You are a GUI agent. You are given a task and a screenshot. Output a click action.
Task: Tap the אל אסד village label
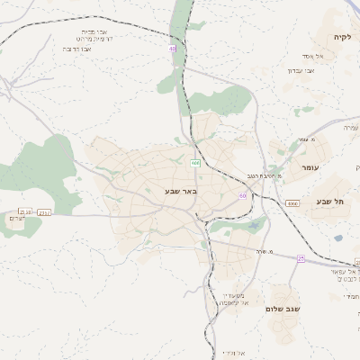(x=326, y=56)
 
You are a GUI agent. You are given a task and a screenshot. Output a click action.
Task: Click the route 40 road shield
(x=171, y=49)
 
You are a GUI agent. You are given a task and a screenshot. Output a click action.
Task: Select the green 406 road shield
(x=195, y=163)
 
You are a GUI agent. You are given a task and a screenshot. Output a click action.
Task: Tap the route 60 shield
(x=242, y=194)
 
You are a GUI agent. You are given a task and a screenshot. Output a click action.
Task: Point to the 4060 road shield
(x=292, y=204)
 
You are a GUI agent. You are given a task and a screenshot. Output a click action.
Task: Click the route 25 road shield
(x=301, y=258)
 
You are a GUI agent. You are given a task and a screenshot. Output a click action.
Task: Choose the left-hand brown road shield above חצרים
(x=24, y=211)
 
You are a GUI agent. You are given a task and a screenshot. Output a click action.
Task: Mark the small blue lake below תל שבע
(x=338, y=238)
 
